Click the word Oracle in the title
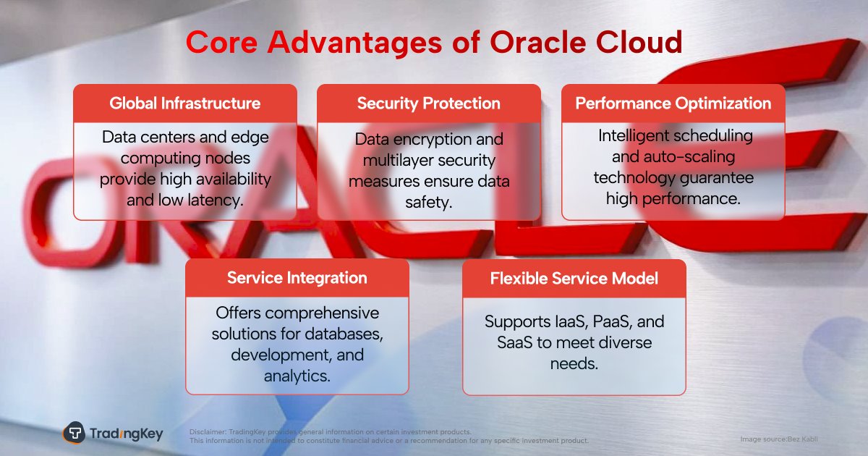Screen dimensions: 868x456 coord(538,42)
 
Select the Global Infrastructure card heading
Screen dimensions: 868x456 coord(185,104)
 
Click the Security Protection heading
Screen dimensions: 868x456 coord(428,104)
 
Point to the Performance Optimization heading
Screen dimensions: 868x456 coord(673,104)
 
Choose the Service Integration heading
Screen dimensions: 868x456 coord(297,278)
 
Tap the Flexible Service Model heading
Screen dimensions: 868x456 coord(574,279)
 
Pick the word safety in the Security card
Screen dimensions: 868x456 coord(428,203)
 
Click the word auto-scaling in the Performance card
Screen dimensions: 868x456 coord(689,157)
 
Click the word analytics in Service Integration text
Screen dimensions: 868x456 coord(297,376)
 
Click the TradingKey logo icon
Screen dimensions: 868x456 coord(74,432)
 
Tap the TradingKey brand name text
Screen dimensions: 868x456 coord(127,434)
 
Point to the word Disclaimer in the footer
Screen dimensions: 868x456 coord(208,431)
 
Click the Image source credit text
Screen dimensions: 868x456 coord(779,439)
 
